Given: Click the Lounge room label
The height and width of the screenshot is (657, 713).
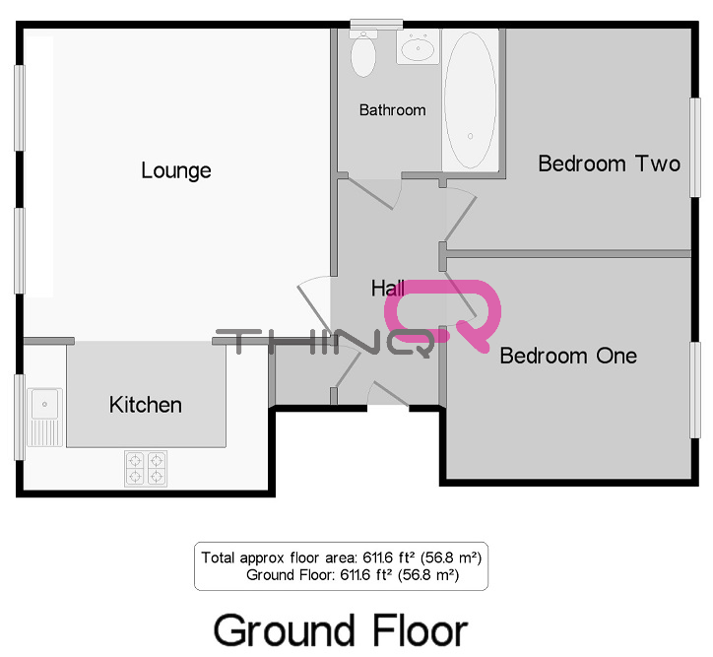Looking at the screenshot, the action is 176,171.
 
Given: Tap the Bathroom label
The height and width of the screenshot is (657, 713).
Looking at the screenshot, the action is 392,110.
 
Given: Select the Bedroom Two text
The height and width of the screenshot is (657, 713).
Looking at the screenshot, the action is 610,164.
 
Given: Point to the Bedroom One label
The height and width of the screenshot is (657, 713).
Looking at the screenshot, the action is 568,356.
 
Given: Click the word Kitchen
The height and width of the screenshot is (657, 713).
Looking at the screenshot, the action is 146,405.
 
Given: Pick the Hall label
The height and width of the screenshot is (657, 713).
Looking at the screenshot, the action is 387,289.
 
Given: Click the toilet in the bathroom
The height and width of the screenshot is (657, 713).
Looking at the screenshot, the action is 363,53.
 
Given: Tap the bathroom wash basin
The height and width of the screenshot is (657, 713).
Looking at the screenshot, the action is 418,47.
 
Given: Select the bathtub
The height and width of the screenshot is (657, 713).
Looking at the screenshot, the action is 470,100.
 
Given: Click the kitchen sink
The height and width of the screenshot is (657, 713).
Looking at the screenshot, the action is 44,417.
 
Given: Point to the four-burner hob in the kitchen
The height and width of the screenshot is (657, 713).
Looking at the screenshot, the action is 146,468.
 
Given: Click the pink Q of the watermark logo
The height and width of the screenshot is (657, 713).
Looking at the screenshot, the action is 443,313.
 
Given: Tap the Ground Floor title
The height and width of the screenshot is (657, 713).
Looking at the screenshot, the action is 341,630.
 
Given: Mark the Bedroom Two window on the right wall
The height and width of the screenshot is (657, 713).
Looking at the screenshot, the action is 695,148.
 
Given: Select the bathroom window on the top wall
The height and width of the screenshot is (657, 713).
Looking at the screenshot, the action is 376,24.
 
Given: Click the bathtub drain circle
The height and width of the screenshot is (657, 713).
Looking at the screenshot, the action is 470,136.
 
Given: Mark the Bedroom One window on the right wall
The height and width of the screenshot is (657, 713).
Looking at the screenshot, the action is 695,390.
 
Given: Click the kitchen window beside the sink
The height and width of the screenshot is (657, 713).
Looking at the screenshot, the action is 19,417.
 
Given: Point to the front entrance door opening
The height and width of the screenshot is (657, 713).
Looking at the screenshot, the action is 388,408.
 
